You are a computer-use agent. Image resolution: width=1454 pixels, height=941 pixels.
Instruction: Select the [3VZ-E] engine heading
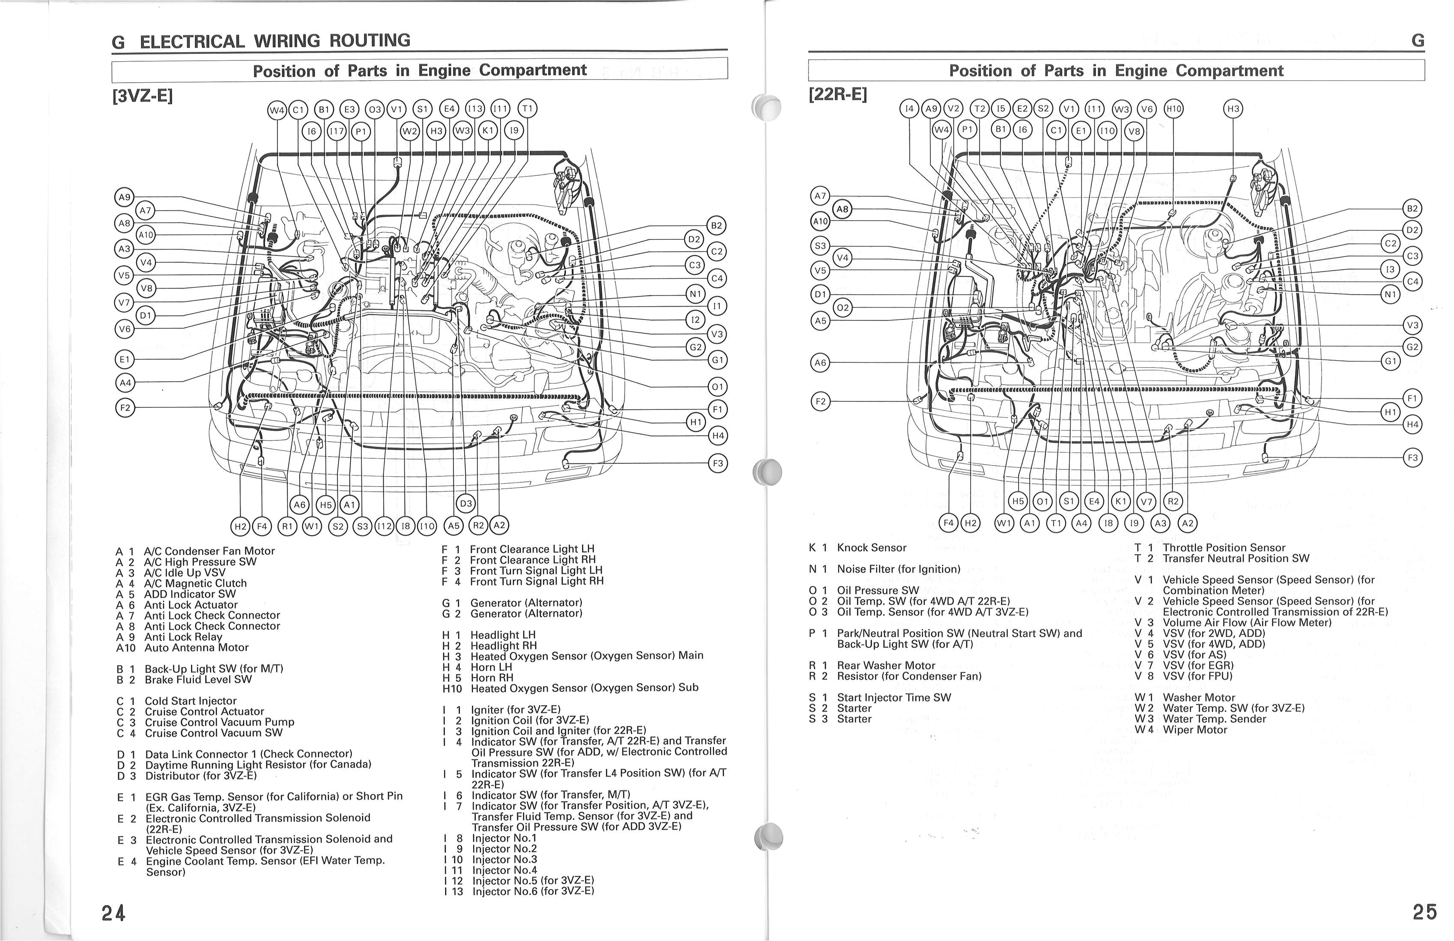(x=142, y=96)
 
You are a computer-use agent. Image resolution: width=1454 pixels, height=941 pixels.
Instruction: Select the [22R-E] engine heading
(x=837, y=95)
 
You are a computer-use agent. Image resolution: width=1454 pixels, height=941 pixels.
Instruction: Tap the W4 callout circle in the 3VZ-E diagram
(x=277, y=110)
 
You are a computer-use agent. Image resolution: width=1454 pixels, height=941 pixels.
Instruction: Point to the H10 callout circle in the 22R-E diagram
(x=1173, y=109)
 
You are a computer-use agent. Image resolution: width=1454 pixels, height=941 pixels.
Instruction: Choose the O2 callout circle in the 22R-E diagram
(x=843, y=308)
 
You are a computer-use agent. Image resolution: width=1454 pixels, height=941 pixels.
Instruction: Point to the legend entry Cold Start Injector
(x=190, y=701)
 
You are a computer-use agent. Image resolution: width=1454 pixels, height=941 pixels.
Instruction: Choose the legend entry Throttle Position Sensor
(x=1224, y=547)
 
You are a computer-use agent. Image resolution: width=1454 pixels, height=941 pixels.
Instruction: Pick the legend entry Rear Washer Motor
(x=885, y=666)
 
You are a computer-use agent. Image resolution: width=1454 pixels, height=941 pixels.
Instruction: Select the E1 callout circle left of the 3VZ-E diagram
(x=125, y=359)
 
